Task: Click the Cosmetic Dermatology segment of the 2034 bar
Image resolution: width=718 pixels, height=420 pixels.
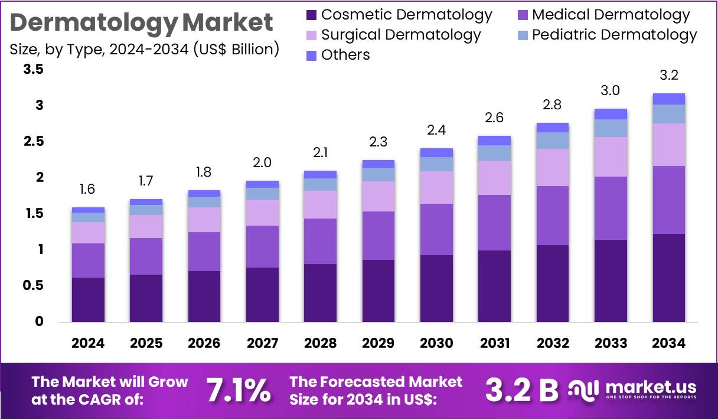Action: tap(669, 278)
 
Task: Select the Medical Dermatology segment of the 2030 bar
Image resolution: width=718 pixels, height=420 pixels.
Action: tap(436, 229)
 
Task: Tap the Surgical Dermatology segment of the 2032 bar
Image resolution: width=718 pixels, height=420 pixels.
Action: tap(552, 167)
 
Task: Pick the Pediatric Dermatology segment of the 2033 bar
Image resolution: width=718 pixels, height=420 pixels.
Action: tap(611, 128)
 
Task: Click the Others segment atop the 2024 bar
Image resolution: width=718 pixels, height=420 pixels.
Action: tap(88, 210)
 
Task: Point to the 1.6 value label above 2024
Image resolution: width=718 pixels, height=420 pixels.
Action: tap(88, 190)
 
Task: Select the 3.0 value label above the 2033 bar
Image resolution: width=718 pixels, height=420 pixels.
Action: tap(611, 90)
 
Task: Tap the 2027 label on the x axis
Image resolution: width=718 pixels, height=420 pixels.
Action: tap(262, 343)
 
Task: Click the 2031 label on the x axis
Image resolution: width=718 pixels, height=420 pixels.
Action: tap(494, 343)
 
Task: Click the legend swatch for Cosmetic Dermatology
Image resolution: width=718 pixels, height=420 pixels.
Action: tap(311, 15)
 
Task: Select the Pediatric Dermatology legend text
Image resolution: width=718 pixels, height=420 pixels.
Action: tap(614, 35)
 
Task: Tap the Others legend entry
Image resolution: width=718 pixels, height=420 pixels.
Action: tap(345, 55)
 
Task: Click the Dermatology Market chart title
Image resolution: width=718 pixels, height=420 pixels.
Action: tap(142, 22)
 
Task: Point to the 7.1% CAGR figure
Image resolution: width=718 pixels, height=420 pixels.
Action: tap(239, 390)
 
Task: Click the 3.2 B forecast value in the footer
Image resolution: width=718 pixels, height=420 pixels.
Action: tap(521, 390)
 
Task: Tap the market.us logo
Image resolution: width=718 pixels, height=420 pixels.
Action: tap(632, 390)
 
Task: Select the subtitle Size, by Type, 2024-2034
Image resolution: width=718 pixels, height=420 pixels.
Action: tap(145, 49)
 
